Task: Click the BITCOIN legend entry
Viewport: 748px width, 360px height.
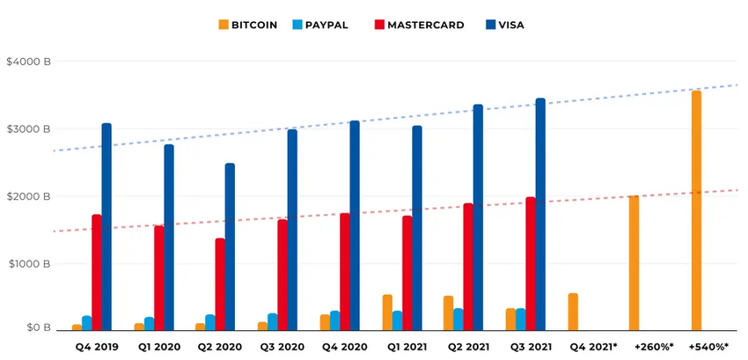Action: click(x=247, y=25)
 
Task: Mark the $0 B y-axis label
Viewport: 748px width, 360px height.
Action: click(x=38, y=327)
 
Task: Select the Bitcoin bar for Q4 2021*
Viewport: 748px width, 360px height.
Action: click(x=573, y=312)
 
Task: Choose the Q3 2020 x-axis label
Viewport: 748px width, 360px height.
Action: click(x=281, y=347)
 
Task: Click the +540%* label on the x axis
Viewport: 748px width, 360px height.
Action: click(x=708, y=347)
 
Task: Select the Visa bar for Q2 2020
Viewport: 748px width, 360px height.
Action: click(x=230, y=246)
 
